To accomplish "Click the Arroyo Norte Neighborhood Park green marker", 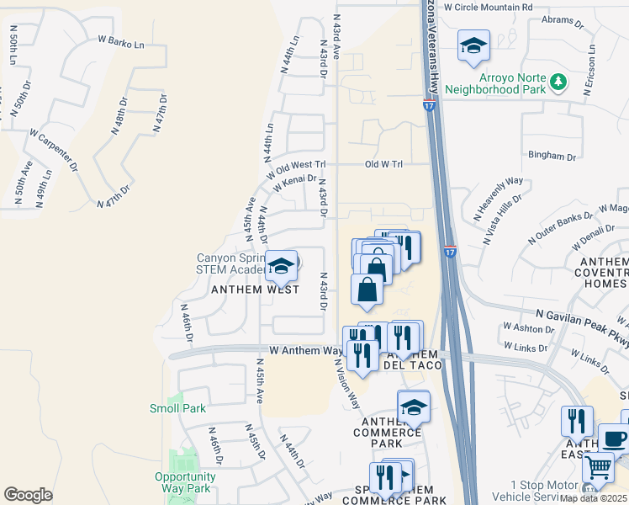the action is tap(558, 82).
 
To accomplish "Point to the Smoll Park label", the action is tap(177, 408).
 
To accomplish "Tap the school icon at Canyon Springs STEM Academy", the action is tap(281, 267).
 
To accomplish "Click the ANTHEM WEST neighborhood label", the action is tap(255, 289).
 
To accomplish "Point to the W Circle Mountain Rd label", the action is tap(489, 6).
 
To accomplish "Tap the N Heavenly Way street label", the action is tap(500, 195).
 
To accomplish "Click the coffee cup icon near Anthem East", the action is tap(613, 439).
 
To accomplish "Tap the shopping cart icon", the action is tap(598, 467).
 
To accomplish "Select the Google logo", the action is tap(28, 494).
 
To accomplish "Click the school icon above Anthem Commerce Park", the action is tap(414, 407).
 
